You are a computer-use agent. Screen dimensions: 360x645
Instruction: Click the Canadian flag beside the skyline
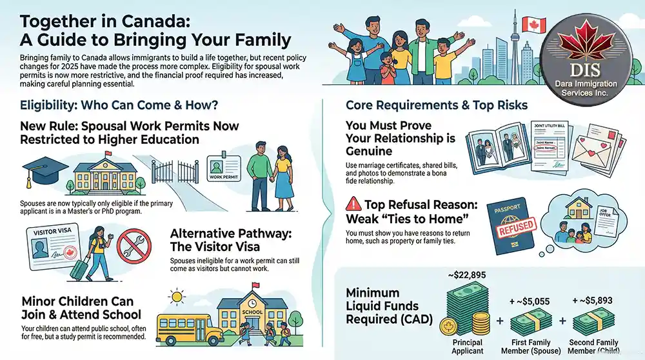coord(533,25)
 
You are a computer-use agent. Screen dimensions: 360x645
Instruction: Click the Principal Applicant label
coord(468,346)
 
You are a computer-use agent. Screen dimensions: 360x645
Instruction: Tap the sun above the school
coord(175,298)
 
